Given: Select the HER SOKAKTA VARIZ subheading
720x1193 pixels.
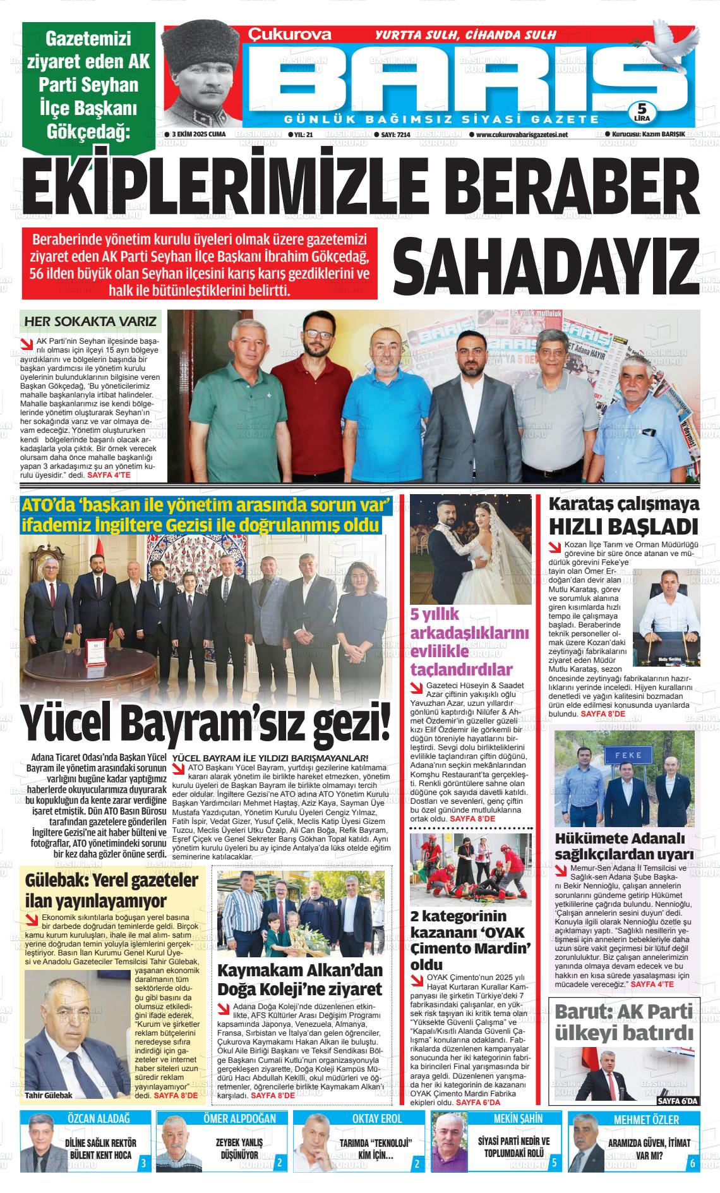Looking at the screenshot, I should coord(90,322).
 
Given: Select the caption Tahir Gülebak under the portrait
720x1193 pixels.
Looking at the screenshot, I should coord(49,1095).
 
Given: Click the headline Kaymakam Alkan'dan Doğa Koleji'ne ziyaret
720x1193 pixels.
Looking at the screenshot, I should coord(300,979).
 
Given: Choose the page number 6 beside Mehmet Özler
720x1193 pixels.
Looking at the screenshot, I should coord(692,1163).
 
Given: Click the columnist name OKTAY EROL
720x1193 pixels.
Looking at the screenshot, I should coord(376,1118).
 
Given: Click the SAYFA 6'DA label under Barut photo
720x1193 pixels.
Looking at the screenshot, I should coord(678,1101).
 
